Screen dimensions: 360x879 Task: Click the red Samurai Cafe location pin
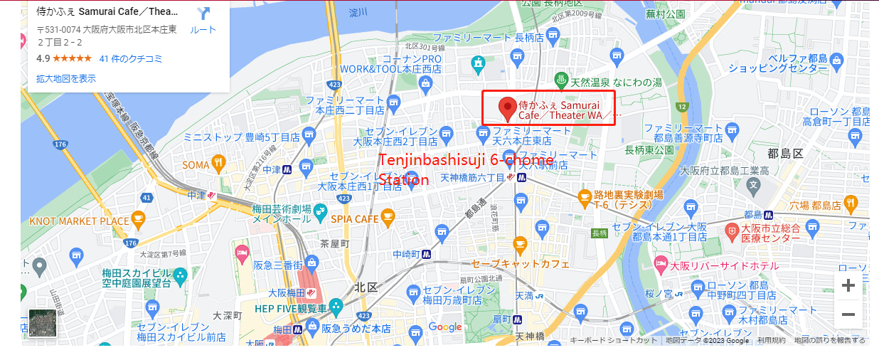tap(507, 109)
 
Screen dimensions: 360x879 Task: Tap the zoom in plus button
tap(848, 286)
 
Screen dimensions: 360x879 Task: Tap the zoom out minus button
tap(848, 314)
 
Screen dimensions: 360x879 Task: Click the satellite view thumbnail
tap(43, 323)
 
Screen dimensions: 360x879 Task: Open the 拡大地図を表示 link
tap(66, 78)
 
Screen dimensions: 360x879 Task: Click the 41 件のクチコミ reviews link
tap(131, 58)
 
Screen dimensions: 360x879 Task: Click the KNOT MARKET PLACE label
tap(79, 221)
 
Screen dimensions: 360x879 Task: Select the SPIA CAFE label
tap(354, 219)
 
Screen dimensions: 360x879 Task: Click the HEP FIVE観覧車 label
tap(292, 308)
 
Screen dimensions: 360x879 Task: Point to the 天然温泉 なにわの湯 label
tap(616, 83)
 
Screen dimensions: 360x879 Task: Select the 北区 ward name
tap(366, 286)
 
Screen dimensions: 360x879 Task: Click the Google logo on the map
tap(445, 327)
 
